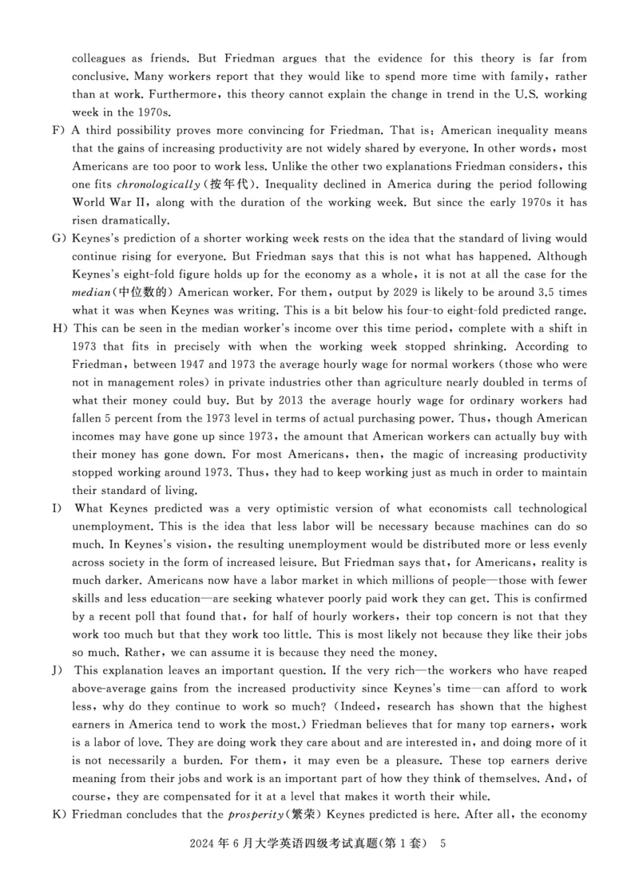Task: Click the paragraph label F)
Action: coord(57,130)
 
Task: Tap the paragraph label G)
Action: coord(57,239)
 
